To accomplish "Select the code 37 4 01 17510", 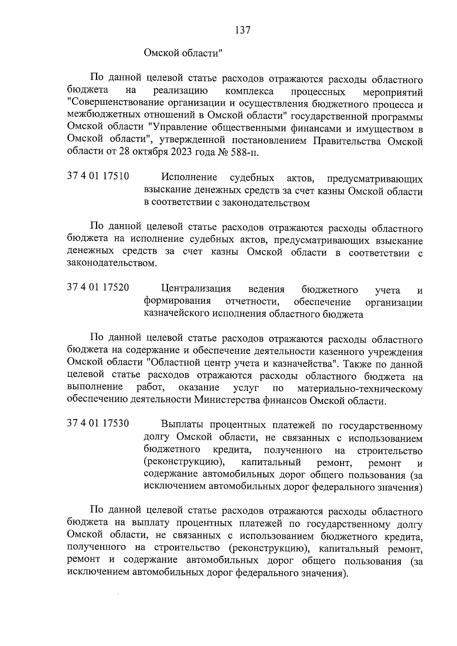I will pos(98,176).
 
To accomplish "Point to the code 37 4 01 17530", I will pos(98,423).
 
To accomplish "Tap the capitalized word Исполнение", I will pos(189,177).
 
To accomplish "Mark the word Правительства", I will pos(348,141).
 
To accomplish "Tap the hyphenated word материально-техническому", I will pos(360,389).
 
